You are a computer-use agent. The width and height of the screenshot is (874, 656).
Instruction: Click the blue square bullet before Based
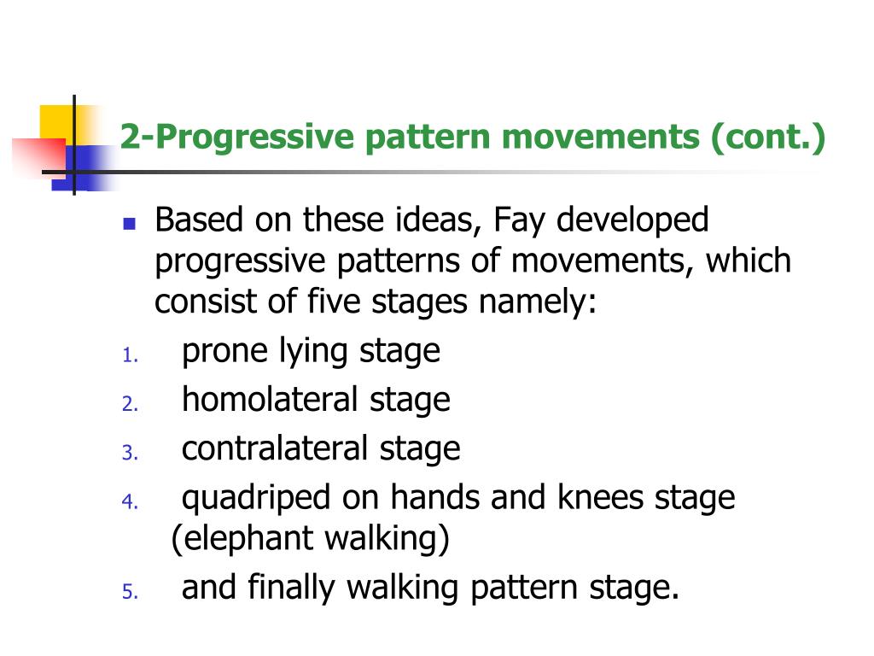coord(130,225)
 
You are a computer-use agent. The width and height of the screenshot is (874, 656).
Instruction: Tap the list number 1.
coord(129,358)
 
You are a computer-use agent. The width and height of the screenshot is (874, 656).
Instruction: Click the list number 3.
coord(129,454)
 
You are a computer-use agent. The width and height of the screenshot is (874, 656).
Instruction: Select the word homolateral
coord(270,399)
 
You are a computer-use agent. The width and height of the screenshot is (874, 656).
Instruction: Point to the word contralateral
coord(276,448)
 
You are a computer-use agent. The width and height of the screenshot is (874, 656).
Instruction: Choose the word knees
coord(603,496)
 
